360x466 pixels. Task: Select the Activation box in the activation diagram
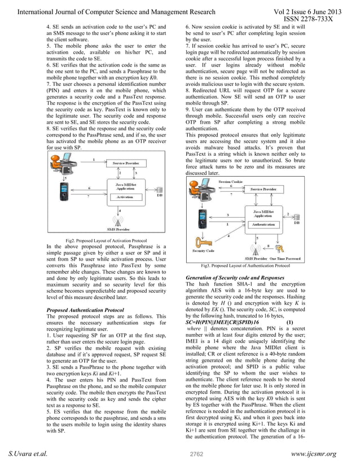[125, 197]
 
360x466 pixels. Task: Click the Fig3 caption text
[245, 265]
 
